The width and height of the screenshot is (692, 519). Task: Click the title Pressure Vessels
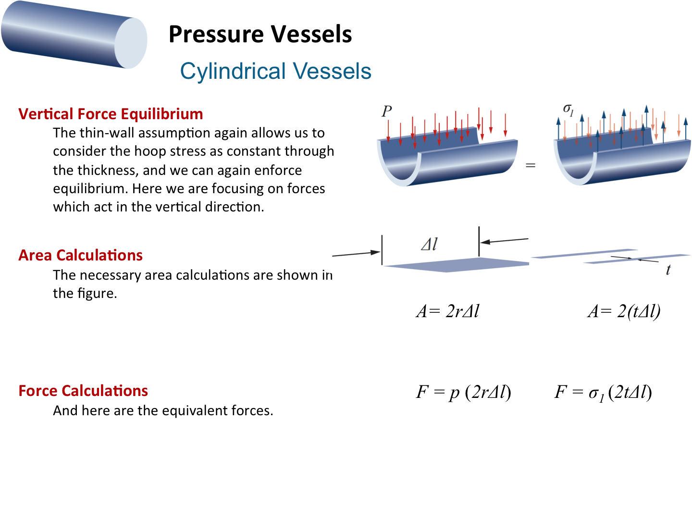click(x=260, y=34)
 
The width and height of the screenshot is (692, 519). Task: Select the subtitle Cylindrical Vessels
click(x=275, y=71)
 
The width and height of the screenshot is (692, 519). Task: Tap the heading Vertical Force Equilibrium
click(x=111, y=114)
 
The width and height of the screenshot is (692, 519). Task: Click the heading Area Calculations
click(x=80, y=255)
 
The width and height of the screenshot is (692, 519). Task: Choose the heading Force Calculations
click(x=83, y=391)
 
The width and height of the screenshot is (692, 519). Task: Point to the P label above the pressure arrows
click(x=387, y=111)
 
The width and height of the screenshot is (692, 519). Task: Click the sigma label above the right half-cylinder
click(x=568, y=110)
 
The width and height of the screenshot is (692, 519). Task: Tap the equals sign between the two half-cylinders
click(x=531, y=165)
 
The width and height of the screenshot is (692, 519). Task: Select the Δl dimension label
click(x=429, y=245)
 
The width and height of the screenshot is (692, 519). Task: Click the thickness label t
click(x=668, y=270)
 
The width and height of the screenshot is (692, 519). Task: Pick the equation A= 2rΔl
click(x=448, y=311)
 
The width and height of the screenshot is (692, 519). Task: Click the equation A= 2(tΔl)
click(x=624, y=311)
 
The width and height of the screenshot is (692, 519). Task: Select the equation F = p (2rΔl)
click(x=463, y=392)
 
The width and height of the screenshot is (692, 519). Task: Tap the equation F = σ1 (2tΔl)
click(x=603, y=393)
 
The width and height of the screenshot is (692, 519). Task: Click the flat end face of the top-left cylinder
click(x=131, y=43)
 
